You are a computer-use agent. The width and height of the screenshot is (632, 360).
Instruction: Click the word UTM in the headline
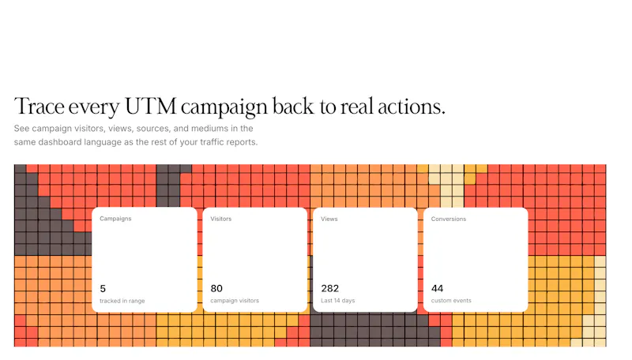pos(151,107)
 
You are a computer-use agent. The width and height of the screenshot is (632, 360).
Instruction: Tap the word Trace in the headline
pos(39,107)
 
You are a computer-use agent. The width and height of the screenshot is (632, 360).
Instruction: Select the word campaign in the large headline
pos(224,108)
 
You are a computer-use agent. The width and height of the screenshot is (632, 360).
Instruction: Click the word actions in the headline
pos(411,107)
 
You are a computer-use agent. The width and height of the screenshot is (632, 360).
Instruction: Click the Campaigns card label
pos(115,219)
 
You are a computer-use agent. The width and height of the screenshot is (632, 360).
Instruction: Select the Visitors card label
pos(221,219)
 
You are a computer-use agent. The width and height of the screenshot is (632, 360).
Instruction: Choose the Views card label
pos(329,219)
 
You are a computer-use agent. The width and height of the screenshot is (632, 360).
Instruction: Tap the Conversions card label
pos(449,219)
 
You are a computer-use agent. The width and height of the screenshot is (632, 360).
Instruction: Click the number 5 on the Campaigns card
pos(103,289)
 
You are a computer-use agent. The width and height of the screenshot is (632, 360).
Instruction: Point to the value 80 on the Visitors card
pos(216,288)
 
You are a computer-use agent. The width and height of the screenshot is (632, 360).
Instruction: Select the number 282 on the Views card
pos(329,288)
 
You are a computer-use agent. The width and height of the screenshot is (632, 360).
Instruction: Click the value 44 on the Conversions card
pos(438,288)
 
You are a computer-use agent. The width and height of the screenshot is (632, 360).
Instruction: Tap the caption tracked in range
pos(122,301)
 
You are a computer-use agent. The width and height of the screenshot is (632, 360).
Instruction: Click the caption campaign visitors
pos(235,301)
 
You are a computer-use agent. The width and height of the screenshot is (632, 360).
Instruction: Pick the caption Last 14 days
pos(338,301)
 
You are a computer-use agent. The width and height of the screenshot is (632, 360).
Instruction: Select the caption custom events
pos(451,301)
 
